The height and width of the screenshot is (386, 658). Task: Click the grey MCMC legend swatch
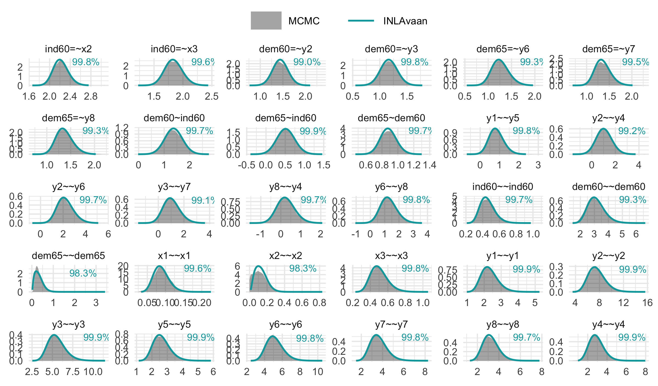click(x=266, y=21)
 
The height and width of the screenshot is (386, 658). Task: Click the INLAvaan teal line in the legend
click(x=361, y=21)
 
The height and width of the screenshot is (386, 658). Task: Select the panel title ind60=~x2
click(x=68, y=49)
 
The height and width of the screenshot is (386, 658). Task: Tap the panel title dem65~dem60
click(x=391, y=118)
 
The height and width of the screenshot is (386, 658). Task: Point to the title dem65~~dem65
click(x=68, y=256)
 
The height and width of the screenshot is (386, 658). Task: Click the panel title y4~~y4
click(x=608, y=324)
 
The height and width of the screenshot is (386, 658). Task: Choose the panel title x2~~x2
click(x=285, y=256)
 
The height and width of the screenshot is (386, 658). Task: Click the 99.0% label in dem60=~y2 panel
click(x=307, y=62)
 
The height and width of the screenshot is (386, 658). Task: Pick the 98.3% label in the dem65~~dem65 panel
click(x=83, y=273)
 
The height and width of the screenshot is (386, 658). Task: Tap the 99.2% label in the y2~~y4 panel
click(x=632, y=131)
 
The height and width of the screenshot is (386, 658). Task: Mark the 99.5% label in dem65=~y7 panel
click(x=635, y=62)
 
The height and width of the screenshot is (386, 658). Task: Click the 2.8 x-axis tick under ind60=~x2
click(x=91, y=96)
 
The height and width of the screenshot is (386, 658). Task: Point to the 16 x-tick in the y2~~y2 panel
click(x=647, y=303)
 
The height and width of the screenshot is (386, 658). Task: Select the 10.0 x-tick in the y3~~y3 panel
click(x=93, y=372)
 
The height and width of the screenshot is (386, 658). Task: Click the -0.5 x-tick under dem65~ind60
click(x=246, y=165)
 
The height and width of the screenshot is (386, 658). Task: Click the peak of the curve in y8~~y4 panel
click(x=285, y=197)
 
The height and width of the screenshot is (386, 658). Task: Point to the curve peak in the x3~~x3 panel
click(x=377, y=266)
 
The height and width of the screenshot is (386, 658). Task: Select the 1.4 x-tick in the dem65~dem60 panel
click(x=429, y=165)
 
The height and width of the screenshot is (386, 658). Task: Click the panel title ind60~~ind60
click(x=503, y=187)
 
